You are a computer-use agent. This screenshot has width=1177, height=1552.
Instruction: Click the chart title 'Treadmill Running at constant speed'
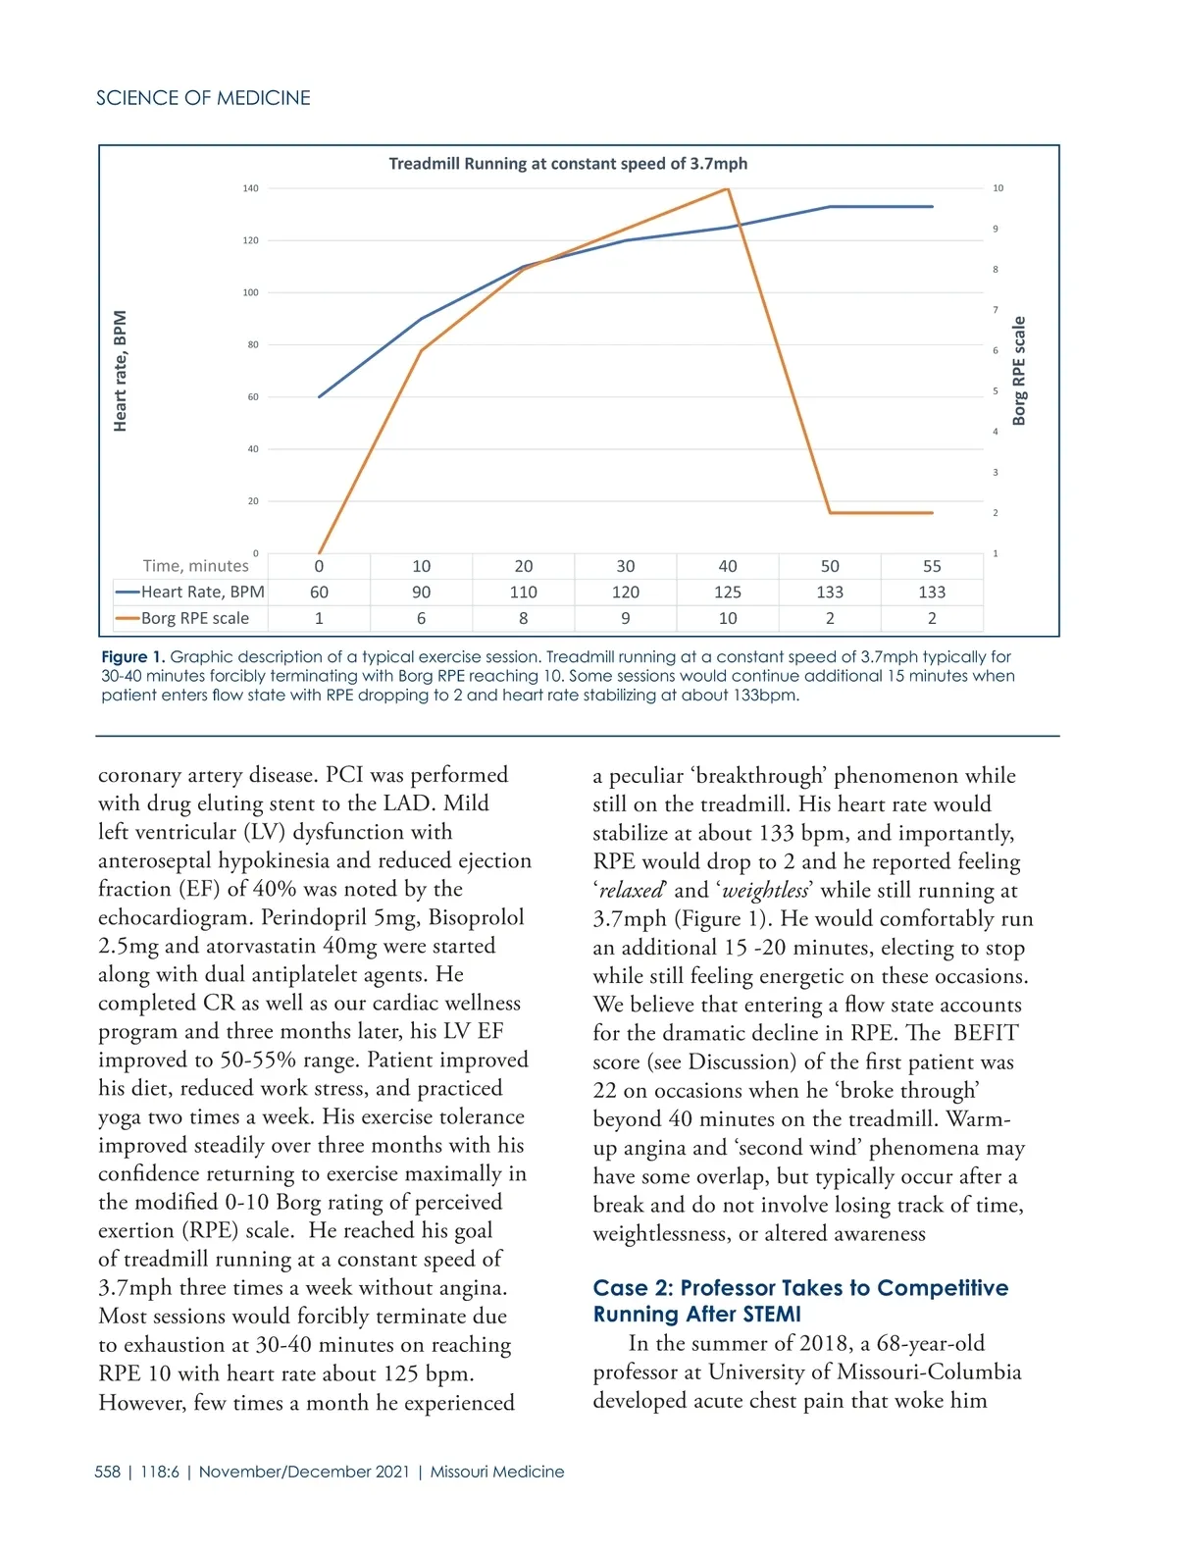tap(568, 164)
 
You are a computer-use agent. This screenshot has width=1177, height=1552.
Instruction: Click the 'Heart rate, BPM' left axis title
tap(120, 371)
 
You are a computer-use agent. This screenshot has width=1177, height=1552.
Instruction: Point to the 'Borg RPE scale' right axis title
tap(1019, 371)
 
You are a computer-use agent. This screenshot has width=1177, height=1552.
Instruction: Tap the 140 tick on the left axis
tap(251, 188)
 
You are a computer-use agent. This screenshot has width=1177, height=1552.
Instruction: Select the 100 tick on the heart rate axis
tap(251, 292)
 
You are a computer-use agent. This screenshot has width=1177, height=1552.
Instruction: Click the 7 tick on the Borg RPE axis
tap(996, 310)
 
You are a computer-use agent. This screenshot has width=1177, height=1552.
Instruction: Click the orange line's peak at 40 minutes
tap(727, 189)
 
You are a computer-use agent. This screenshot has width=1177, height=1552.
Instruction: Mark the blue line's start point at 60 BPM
tap(320, 396)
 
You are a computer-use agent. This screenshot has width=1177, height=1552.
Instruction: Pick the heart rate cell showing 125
tap(728, 593)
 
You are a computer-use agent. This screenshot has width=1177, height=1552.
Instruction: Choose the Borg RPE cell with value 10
tap(728, 619)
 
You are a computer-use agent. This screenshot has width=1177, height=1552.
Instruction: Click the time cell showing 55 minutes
tap(932, 566)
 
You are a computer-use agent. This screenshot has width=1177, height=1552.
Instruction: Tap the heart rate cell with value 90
tap(422, 593)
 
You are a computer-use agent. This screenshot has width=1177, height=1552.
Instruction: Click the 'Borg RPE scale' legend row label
tap(194, 619)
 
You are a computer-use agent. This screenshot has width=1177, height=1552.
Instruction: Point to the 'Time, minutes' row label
tap(195, 566)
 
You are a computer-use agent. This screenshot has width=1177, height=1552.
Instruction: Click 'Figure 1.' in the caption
tap(133, 657)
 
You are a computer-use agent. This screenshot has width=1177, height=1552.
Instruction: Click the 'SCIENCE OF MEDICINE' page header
tap(203, 98)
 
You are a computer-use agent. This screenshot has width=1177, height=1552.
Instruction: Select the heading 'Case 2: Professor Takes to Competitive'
tap(800, 1288)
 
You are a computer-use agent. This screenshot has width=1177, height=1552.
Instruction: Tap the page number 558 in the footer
tap(107, 1472)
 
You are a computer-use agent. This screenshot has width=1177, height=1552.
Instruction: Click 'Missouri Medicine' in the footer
tap(497, 1472)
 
